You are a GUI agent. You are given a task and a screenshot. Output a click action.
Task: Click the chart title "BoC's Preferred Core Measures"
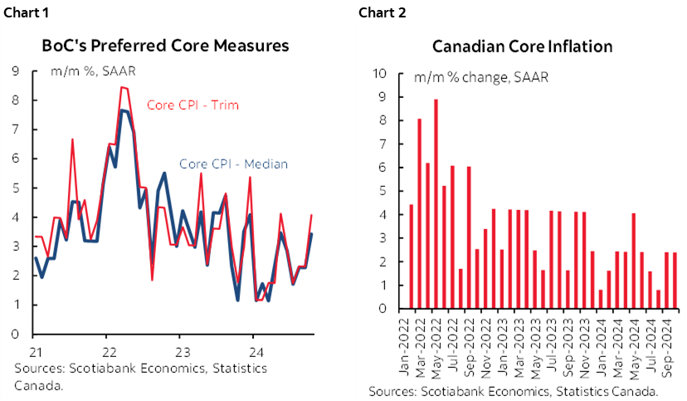tap(166, 46)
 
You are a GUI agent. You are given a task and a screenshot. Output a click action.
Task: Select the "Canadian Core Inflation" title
tap(522, 46)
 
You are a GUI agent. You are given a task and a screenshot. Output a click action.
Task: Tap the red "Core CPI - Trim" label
tap(193, 105)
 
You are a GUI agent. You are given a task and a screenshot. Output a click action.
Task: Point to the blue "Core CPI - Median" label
tap(233, 164)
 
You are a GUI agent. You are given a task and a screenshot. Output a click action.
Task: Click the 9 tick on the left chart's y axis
tap(15, 71)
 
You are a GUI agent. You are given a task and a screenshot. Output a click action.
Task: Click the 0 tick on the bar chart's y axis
tap(383, 309)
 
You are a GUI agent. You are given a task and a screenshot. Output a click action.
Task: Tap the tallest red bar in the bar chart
tap(436, 204)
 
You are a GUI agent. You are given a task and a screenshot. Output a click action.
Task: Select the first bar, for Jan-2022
tap(411, 257)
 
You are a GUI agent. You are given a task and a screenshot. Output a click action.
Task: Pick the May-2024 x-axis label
tap(635, 340)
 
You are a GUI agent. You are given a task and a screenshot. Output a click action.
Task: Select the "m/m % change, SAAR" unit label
tap(481, 79)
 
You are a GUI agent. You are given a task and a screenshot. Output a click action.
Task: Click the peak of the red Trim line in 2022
tap(122, 87)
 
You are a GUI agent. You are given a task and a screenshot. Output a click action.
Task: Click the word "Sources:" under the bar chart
tap(393, 390)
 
